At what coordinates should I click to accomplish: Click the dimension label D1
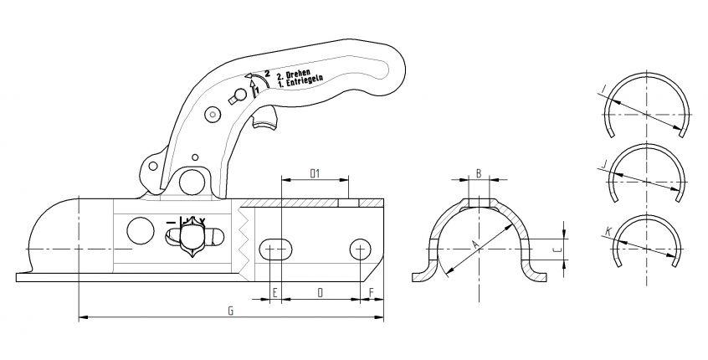point(316,173)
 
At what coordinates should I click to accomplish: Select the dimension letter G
point(230,311)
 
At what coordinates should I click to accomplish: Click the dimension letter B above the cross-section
point(478,173)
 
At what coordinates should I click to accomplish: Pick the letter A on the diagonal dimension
point(475,244)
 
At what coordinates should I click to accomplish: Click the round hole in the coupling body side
point(140,229)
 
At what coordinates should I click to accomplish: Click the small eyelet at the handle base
point(153,164)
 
